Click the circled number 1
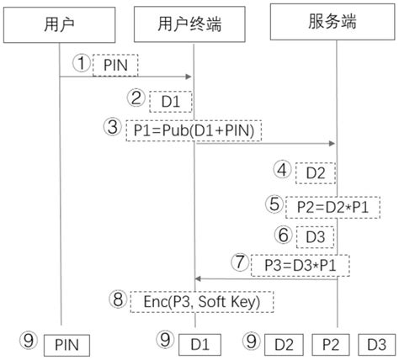[x=81, y=64]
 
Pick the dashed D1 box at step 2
[x=171, y=101]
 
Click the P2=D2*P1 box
[x=322, y=204]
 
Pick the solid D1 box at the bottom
[x=199, y=342]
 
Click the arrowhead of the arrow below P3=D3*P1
[x=198, y=278]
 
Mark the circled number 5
[x=273, y=204]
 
